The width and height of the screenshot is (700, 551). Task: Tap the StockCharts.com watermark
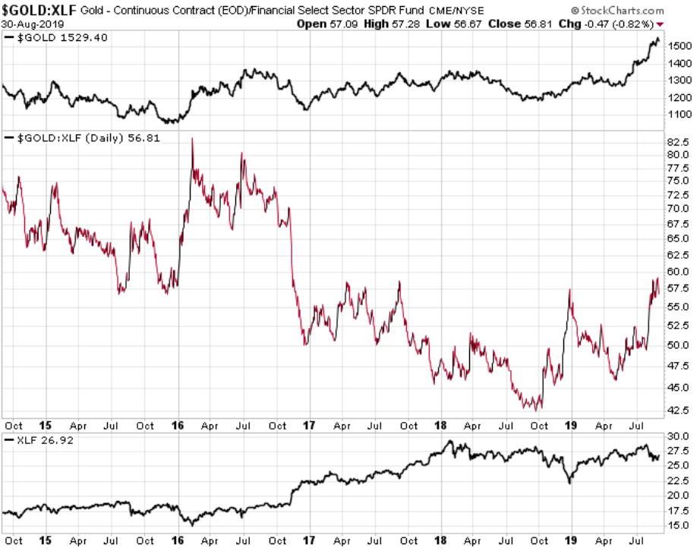coord(617,11)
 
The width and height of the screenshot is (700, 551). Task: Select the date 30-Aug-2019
coord(33,24)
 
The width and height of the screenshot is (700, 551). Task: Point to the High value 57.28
coord(406,24)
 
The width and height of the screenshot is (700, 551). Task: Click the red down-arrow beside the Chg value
coord(660,24)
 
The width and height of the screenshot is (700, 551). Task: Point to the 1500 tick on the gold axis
coord(680,46)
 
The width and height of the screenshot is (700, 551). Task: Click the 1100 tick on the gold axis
coord(680,114)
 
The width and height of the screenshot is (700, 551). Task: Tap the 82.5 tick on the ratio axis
coord(678,142)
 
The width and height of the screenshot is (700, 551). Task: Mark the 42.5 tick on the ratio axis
coord(678,410)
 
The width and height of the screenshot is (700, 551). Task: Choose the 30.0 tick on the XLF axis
coord(678,436)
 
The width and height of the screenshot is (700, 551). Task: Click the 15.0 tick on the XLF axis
coord(678,525)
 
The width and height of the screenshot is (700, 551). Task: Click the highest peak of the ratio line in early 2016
coord(192,138)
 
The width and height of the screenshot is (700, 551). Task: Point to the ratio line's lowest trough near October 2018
coord(541,408)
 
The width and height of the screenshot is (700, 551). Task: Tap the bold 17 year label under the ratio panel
coord(309,426)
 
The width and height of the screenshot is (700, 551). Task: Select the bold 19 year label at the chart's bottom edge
coord(571,540)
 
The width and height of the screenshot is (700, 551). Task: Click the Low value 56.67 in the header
coord(468,24)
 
